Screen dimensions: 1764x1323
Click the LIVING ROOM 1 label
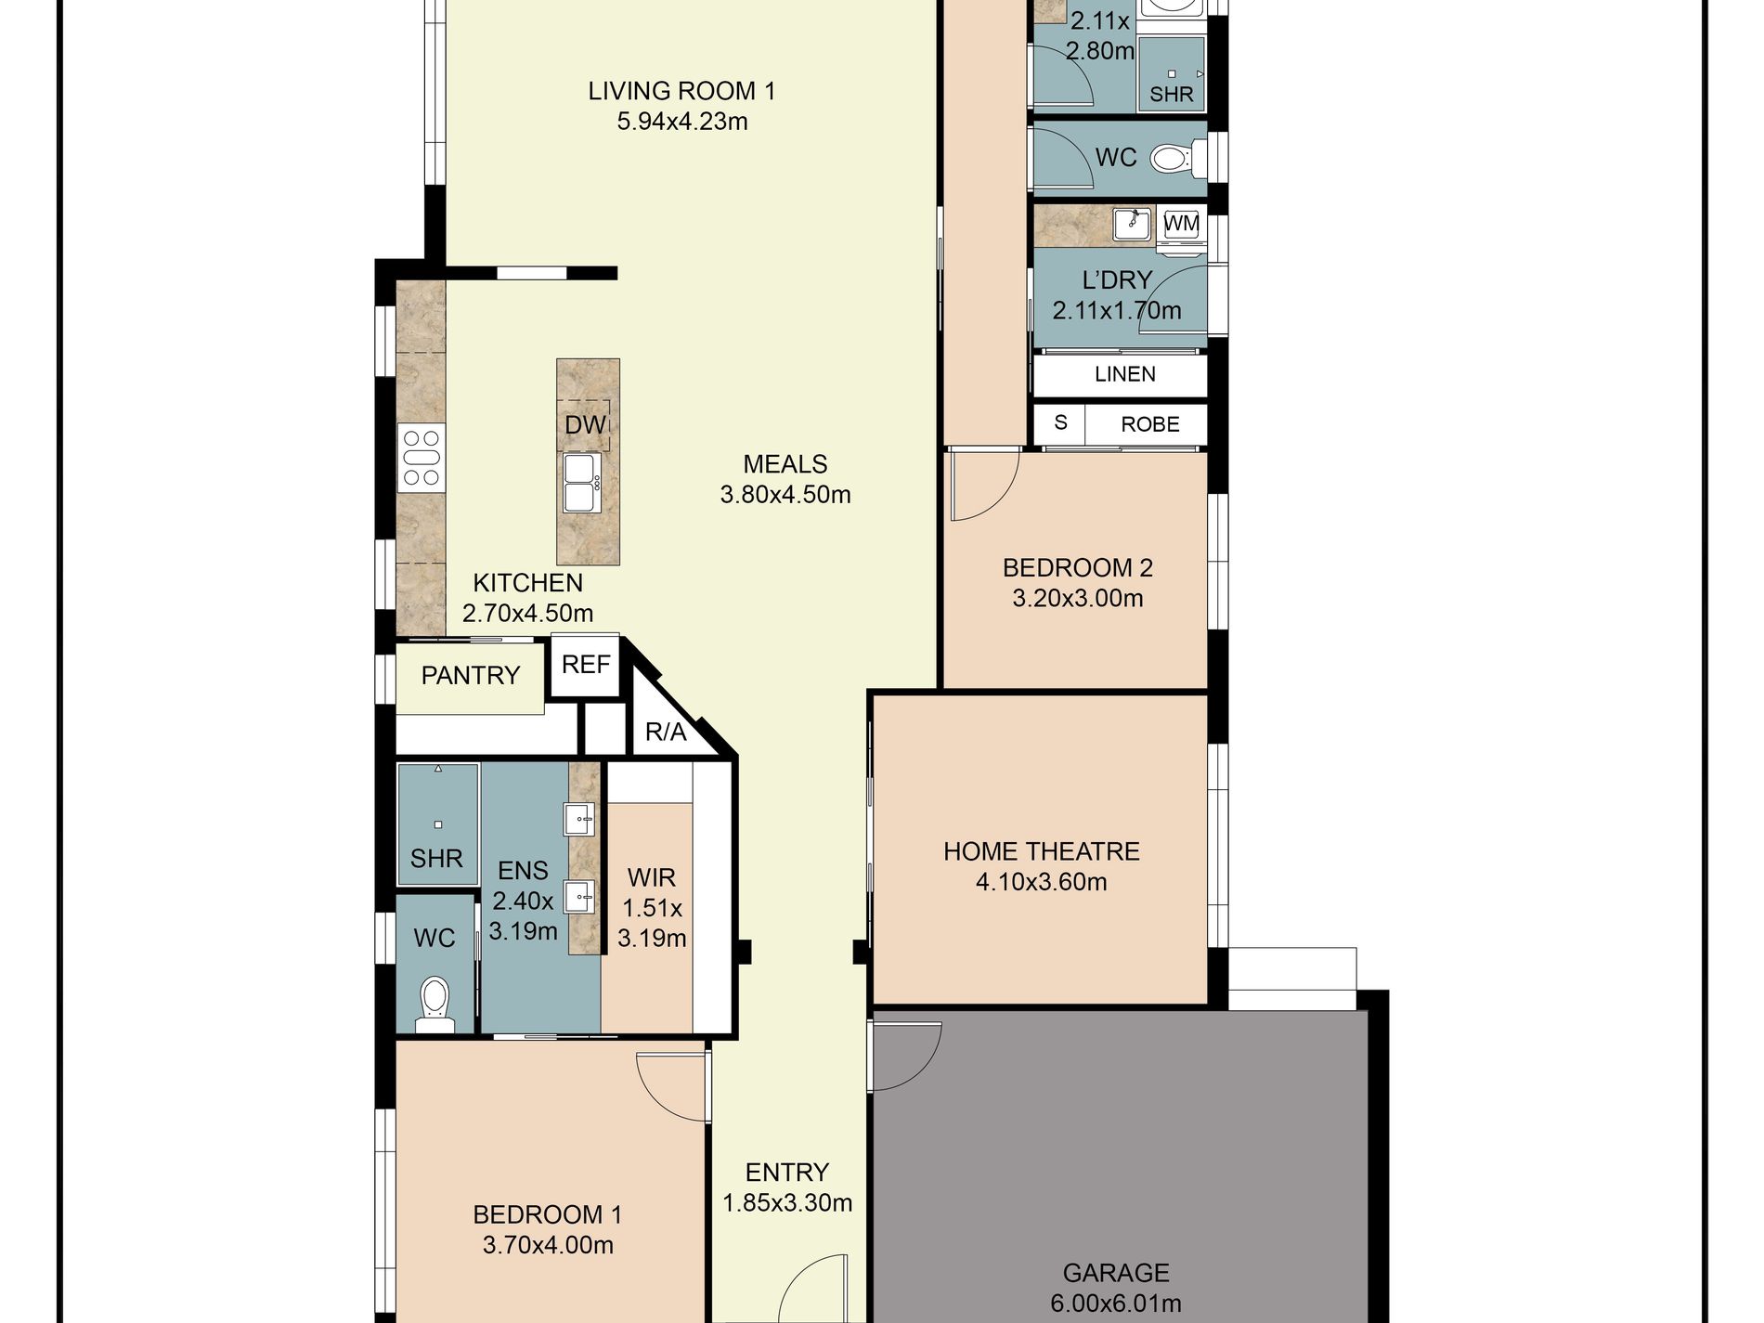681,91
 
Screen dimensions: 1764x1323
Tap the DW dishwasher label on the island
585,425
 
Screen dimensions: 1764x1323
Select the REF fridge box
586,665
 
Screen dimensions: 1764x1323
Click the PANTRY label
471,675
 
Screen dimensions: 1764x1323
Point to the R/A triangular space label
666,732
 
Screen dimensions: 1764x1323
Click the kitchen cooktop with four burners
421,457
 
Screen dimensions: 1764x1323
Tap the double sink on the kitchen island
582,483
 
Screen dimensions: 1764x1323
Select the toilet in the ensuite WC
434,1005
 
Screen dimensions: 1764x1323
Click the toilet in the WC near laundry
1172,158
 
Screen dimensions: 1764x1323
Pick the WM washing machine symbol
1181,224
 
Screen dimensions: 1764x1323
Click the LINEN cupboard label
1125,374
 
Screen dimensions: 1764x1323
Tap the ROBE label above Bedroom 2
1150,424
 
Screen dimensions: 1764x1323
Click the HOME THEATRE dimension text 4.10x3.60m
1042,882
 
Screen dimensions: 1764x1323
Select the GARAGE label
1116,1273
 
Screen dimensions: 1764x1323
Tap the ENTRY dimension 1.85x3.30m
787,1203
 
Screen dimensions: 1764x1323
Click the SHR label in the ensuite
436,858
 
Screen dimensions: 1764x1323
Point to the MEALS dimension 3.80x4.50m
785,495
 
